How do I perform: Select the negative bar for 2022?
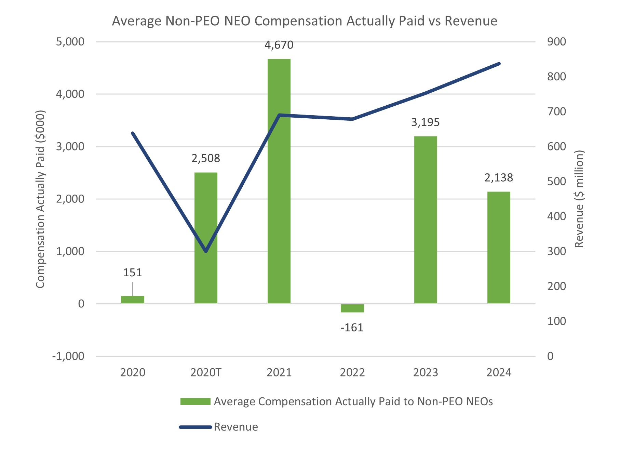coord(352,308)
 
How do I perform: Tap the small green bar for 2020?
coord(133,300)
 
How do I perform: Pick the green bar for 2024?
coord(499,248)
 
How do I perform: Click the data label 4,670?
coord(279,45)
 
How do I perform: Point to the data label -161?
coord(352,328)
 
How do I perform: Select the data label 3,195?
coord(425,122)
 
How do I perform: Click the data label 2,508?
coord(205,158)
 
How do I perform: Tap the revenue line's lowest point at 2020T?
coord(206,251)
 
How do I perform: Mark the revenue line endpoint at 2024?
coord(499,64)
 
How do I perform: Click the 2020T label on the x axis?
coord(206,372)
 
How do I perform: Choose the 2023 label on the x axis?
coord(426,372)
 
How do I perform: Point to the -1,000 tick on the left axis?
coord(68,356)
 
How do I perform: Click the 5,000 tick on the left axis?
coord(70,42)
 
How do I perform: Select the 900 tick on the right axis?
coord(556,42)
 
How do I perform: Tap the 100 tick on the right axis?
coord(556,321)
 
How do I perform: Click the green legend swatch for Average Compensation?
coord(195,401)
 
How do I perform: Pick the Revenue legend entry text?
coord(236,427)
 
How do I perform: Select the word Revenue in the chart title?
coord(471,21)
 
